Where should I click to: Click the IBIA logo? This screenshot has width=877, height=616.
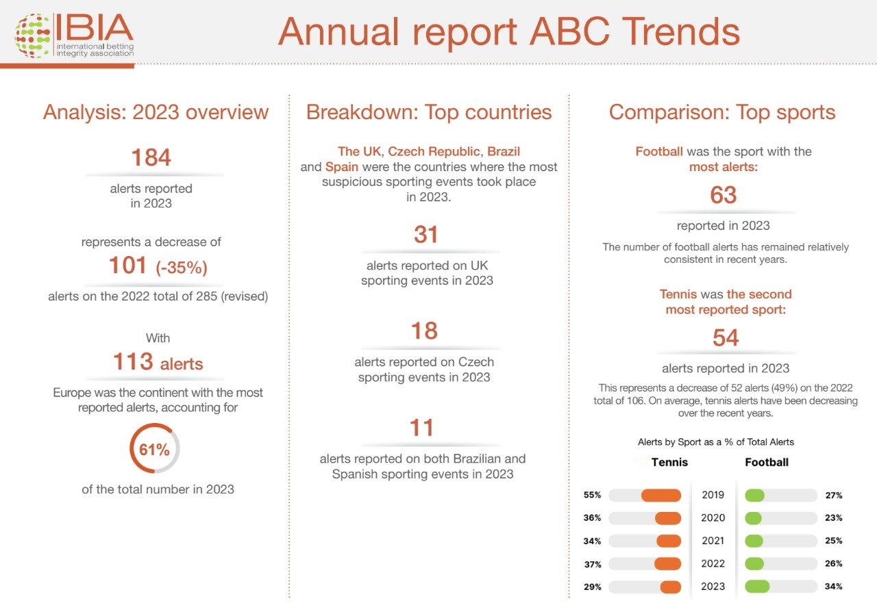pos(74,36)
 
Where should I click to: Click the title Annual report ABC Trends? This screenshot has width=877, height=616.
pos(508,31)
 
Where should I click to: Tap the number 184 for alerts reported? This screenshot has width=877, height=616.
pos(151,157)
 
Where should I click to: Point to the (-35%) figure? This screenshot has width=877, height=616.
pos(182,268)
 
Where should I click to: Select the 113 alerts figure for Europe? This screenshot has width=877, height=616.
pos(158,362)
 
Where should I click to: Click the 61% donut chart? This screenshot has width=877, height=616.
pos(155,449)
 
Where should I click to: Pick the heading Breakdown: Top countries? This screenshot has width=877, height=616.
pos(429,112)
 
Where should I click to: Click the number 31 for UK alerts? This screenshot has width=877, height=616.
pos(425,235)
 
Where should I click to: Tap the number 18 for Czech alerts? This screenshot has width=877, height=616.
pos(425,331)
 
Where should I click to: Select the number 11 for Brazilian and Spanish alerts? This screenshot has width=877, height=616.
pos(422,428)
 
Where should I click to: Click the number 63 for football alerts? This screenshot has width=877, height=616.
pos(723,195)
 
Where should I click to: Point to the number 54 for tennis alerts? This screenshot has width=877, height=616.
pos(725,337)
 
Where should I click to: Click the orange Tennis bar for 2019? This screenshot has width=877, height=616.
pos(660,496)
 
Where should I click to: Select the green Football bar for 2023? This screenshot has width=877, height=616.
pos(757,587)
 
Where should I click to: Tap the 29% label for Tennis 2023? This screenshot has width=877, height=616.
pos(593,587)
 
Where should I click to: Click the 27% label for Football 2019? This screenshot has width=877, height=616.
pos(834,496)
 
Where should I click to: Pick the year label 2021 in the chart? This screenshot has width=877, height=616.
pos(713,541)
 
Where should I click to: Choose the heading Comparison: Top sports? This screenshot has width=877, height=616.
pos(722,112)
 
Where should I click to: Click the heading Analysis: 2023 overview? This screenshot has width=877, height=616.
pos(156,112)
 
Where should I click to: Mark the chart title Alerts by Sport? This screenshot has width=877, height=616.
pos(715,442)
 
